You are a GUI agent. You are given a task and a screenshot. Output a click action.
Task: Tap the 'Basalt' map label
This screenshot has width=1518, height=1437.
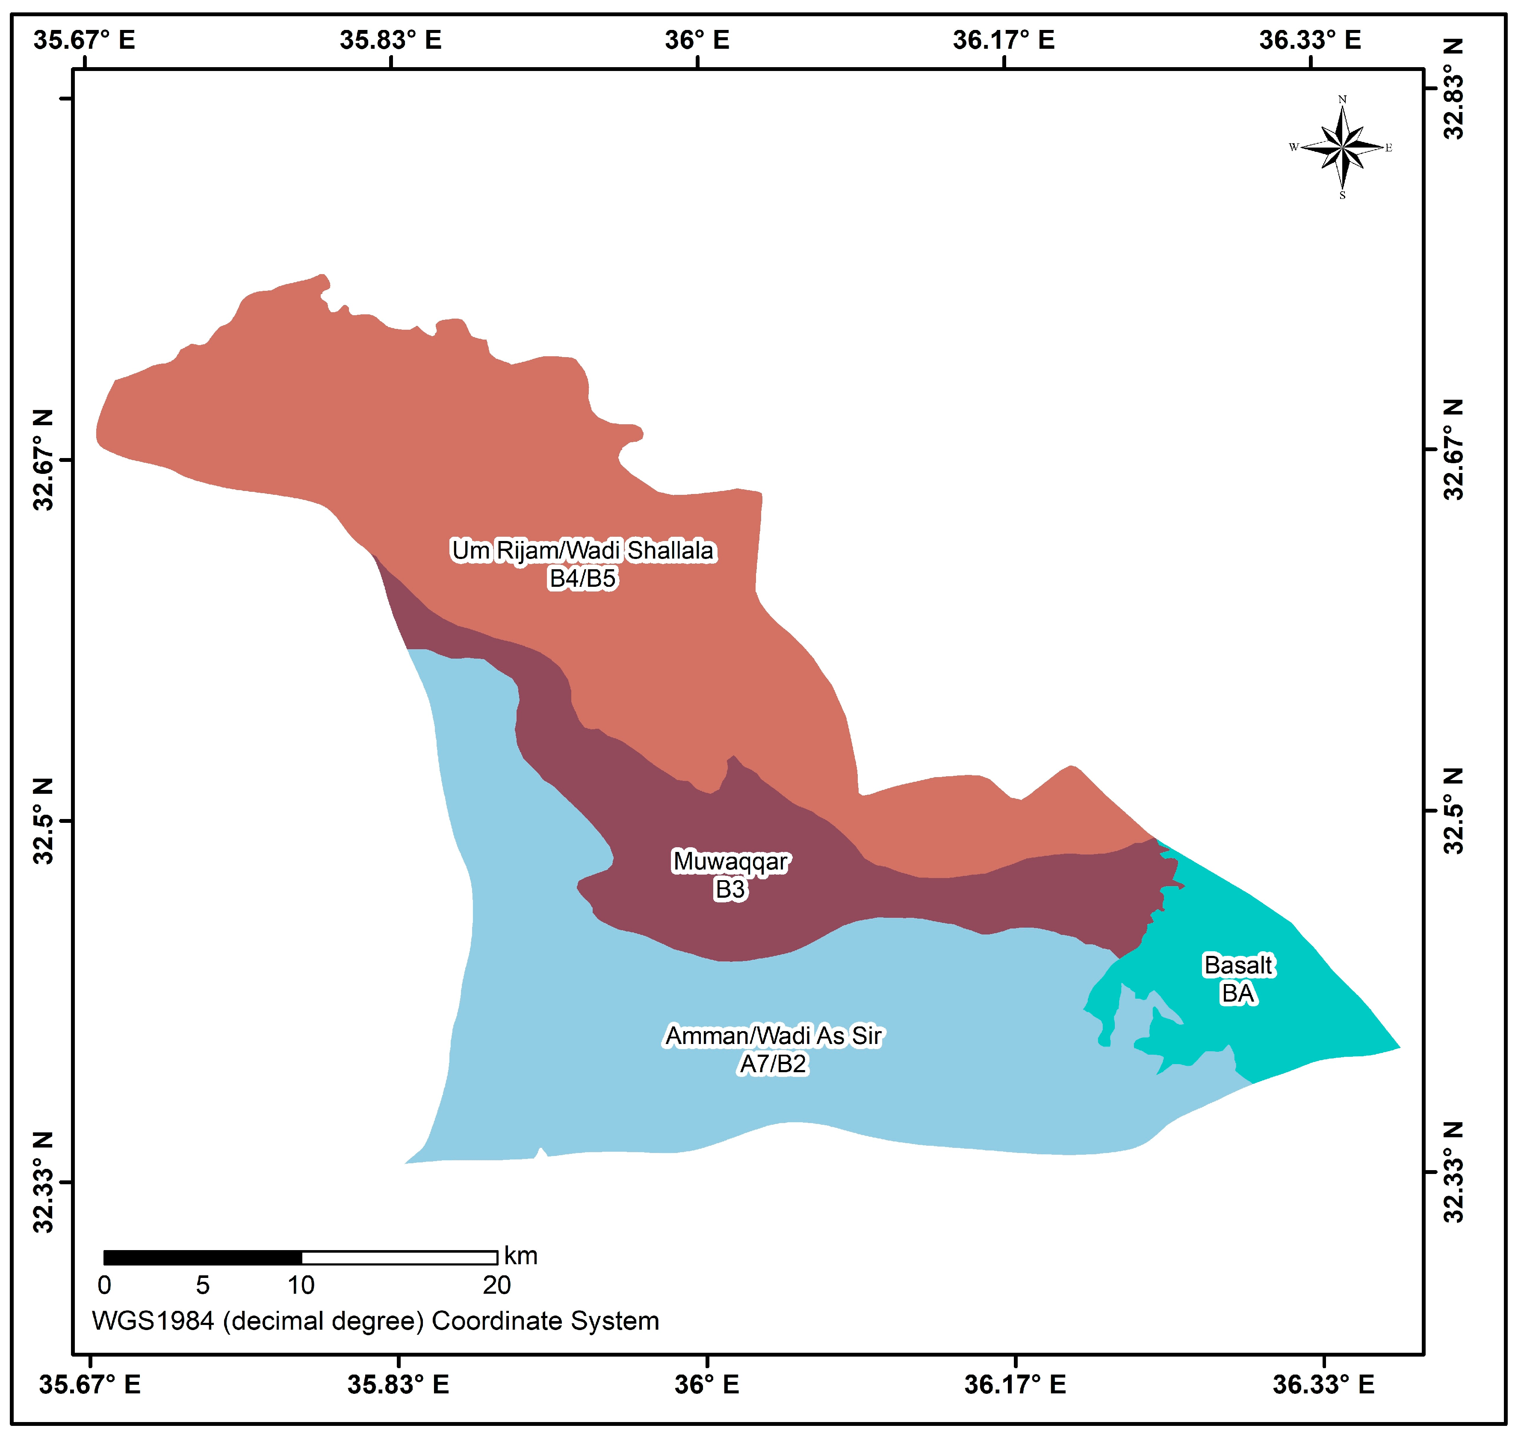click(x=1237, y=965)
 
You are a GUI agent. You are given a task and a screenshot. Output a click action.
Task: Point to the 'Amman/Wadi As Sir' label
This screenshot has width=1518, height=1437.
click(x=773, y=1035)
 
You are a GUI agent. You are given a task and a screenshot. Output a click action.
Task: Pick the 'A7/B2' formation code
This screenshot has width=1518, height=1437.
click(x=773, y=1064)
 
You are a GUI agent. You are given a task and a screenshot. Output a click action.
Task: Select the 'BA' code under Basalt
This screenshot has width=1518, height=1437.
click(x=1237, y=993)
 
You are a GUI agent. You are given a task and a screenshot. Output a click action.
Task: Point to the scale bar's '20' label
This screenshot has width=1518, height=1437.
click(x=496, y=1285)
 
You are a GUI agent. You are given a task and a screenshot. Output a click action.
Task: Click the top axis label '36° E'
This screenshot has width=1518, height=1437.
click(x=697, y=40)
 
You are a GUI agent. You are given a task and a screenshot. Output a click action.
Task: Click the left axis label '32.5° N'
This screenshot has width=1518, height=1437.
click(x=44, y=821)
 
